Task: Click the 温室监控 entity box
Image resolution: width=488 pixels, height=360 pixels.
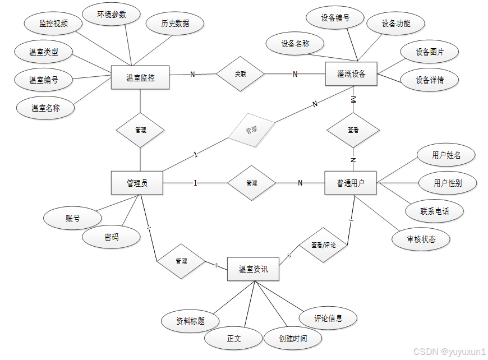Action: pyautogui.click(x=140, y=77)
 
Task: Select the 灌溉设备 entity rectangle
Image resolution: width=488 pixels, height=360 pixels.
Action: pyautogui.click(x=352, y=74)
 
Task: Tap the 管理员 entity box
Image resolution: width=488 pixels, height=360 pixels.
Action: pyautogui.click(x=137, y=183)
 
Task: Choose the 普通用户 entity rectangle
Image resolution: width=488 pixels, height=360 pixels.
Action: pyautogui.click(x=351, y=183)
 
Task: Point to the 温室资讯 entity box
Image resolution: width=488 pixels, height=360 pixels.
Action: pyautogui.click(x=253, y=269)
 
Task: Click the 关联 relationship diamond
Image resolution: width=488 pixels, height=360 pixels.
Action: pyautogui.click(x=241, y=73)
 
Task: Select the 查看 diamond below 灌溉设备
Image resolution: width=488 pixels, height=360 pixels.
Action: pyautogui.click(x=353, y=130)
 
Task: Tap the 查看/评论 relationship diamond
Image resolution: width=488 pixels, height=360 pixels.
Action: pyautogui.click(x=322, y=244)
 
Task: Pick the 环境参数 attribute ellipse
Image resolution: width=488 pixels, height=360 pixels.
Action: pyautogui.click(x=111, y=15)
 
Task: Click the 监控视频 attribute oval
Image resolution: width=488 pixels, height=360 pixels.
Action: pyautogui.click(x=53, y=24)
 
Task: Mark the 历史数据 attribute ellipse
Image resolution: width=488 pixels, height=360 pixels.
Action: pyautogui.click(x=175, y=24)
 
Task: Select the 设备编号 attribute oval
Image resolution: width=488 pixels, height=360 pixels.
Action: pyautogui.click(x=335, y=18)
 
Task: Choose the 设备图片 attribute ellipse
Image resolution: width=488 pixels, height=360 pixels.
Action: pyautogui.click(x=430, y=52)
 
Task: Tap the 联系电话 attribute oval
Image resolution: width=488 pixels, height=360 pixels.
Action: pyautogui.click(x=435, y=211)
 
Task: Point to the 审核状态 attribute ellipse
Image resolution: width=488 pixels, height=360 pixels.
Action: pyautogui.click(x=421, y=239)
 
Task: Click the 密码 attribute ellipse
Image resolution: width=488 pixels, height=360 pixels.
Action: pyautogui.click(x=111, y=237)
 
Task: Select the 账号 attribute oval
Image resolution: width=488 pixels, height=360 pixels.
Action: pyautogui.click(x=73, y=218)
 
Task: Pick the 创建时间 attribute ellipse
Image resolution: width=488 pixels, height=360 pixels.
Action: pyautogui.click(x=293, y=338)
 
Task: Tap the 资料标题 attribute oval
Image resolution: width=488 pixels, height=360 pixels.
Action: pyautogui.click(x=190, y=321)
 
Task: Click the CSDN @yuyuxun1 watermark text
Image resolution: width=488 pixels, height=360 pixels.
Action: pyautogui.click(x=449, y=352)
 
